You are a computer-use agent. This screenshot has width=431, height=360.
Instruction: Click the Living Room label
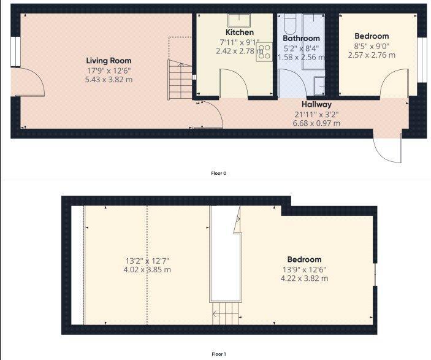point(109,61)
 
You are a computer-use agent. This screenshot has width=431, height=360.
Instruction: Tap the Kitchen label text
point(240,32)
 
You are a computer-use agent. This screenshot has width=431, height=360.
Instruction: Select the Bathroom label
point(301,38)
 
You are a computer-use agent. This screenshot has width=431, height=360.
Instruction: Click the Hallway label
point(316,104)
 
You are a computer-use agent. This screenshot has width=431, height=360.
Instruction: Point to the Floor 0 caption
point(218,174)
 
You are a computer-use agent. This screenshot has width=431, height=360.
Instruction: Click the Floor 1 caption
point(218,354)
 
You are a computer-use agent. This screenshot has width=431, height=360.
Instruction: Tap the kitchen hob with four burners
point(264,52)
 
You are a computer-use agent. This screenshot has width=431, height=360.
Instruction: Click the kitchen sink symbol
point(239,20)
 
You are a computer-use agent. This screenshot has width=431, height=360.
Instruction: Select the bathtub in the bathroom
point(289,24)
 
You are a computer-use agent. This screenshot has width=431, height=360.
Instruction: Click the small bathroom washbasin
point(319,86)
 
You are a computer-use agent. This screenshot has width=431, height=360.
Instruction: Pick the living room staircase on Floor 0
point(180,80)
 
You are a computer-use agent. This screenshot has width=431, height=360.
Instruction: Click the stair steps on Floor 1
point(226,313)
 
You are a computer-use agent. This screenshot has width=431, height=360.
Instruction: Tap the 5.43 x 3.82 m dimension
point(109,80)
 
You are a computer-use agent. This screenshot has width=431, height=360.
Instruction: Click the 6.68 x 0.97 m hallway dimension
point(316,123)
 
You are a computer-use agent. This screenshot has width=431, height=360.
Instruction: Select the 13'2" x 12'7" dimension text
point(147,261)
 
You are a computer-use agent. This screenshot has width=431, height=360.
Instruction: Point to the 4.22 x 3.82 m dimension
point(304,278)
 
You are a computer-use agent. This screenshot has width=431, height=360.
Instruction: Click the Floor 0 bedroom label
point(372,36)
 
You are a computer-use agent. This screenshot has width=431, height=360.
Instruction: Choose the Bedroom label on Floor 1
point(304,259)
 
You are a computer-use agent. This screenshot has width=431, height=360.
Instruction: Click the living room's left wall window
point(15,52)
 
